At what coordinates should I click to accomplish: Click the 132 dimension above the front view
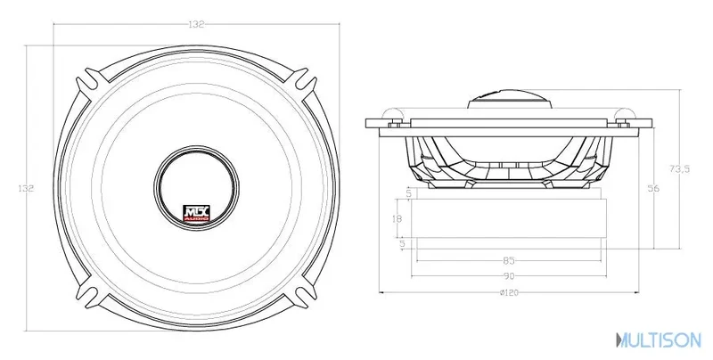196,25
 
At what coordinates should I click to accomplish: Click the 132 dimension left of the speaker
26,188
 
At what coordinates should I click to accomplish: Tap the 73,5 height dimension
680,168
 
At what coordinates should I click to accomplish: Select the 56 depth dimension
653,188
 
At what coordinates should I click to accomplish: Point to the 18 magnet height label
397,218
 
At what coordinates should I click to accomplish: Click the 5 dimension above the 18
408,193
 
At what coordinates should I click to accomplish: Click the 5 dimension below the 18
402,244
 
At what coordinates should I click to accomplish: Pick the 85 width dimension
509,261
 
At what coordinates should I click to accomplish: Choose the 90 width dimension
509,276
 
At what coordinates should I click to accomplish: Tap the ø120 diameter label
509,293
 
